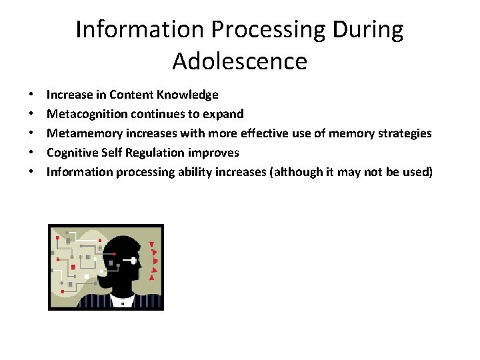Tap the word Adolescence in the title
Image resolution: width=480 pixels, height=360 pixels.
(x=240, y=61)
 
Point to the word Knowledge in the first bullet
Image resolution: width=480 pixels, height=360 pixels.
(x=189, y=95)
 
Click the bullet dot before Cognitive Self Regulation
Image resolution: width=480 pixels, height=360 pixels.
(x=32, y=153)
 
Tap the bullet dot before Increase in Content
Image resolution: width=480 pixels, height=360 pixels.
(x=32, y=95)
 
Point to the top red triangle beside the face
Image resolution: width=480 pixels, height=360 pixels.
(x=153, y=244)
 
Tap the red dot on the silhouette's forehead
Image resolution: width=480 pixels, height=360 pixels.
(x=116, y=253)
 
